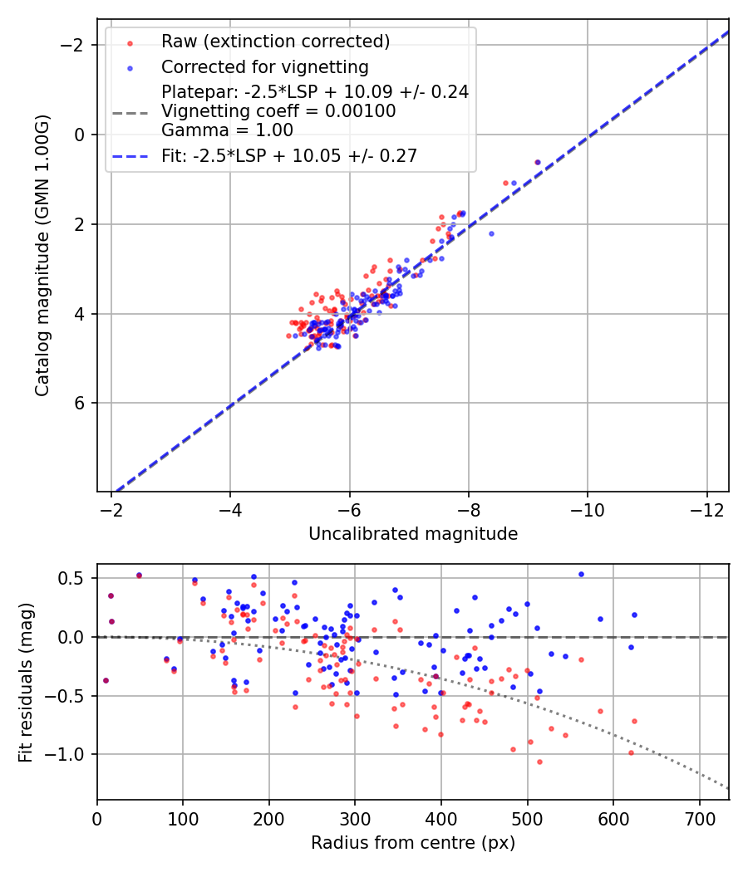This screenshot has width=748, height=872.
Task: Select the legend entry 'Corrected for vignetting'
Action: pos(265,66)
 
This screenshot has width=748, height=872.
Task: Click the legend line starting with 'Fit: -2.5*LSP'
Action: pos(289,155)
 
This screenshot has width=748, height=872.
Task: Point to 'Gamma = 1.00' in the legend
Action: pos(227,130)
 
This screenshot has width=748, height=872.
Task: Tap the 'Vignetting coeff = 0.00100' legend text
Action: pos(278,111)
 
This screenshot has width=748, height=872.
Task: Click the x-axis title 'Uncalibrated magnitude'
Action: pos(413,534)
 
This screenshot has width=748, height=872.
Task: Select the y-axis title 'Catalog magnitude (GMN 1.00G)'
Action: pos(42,256)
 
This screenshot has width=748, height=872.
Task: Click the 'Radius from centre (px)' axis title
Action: pos(413,843)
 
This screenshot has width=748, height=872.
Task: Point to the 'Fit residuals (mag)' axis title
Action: pos(26,682)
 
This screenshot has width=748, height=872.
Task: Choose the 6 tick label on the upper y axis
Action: pos(81,403)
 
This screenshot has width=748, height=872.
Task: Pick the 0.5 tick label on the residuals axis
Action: pos(76,578)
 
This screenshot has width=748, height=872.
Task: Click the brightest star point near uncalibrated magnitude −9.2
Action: pos(538,163)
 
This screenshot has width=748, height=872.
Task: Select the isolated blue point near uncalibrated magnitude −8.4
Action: pos(491,233)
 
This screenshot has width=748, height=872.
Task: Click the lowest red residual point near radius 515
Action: pos(539,762)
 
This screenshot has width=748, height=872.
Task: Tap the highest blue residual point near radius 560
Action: pos(581,574)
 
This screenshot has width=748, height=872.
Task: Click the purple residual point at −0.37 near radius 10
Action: pos(106,680)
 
